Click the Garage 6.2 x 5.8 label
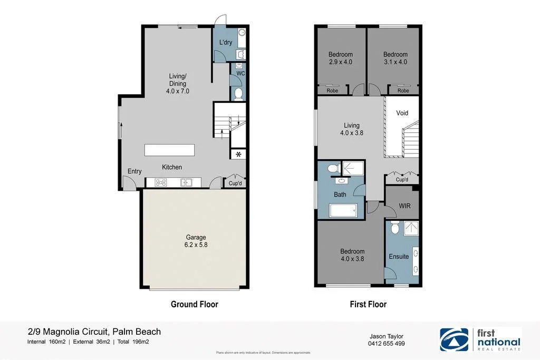(195, 241)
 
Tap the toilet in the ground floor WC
(238, 94)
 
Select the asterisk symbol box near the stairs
(238, 154)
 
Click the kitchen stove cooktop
(161, 182)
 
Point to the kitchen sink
(186, 182)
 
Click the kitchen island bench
(169, 150)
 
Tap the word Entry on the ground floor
(134, 171)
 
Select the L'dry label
(226, 42)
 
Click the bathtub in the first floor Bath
(344, 211)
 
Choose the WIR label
(404, 205)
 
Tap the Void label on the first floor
(402, 113)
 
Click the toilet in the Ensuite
(395, 228)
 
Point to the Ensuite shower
(410, 228)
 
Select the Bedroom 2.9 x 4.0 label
(340, 58)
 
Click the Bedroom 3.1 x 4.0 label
(395, 58)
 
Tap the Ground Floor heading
(194, 304)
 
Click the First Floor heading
(368, 304)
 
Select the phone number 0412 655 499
(387, 344)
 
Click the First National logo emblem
(454, 339)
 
